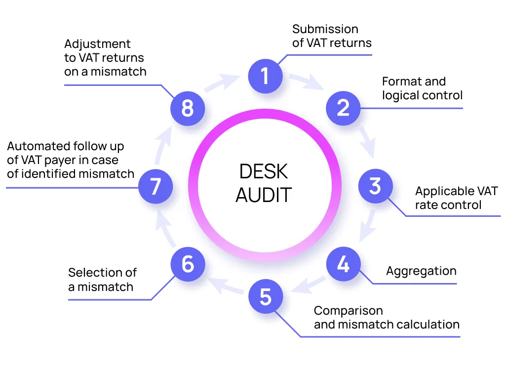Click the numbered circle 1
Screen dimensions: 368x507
265,76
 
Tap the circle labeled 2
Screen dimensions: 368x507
343,108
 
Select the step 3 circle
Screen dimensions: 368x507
375,187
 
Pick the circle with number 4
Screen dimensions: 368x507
343,265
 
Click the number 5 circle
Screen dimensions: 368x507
265,297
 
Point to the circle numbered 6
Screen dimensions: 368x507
188,264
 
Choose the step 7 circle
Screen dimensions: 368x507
156,187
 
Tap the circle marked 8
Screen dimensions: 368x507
188,108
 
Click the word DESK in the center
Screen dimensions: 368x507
264,172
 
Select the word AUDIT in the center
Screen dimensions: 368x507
264,195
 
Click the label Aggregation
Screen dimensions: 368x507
421,271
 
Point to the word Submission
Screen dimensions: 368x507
325,29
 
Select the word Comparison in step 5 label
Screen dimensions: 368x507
348,311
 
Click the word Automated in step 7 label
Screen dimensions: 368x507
39,147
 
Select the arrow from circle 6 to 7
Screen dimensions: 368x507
162,227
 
